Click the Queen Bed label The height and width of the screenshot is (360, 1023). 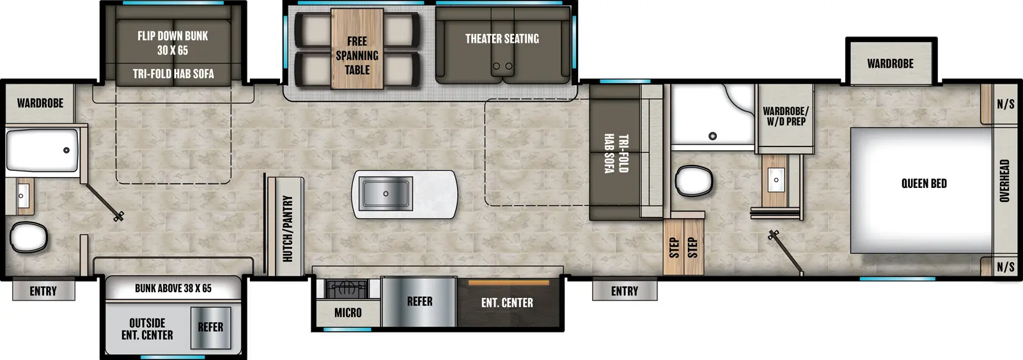(x=924, y=184)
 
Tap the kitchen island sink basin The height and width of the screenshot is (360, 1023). (x=386, y=193)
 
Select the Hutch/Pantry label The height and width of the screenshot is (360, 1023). (x=288, y=228)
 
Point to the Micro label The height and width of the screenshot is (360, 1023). (x=348, y=313)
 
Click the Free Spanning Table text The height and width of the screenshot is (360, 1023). (x=357, y=56)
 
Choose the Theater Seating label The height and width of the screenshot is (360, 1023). (x=502, y=39)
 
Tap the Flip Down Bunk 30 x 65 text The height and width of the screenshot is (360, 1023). (x=173, y=43)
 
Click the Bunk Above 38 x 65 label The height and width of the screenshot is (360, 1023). (x=173, y=288)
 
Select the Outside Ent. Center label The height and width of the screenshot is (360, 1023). (x=147, y=329)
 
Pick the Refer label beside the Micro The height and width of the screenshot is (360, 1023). (x=419, y=302)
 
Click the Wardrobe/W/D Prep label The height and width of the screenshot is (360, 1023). (x=785, y=116)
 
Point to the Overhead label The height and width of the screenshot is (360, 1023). (x=1004, y=181)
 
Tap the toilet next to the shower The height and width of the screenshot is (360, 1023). (x=694, y=181)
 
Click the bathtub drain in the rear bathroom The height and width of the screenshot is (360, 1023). (x=66, y=150)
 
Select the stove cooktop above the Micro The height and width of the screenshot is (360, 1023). (x=347, y=289)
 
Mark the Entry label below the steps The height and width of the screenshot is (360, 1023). (x=624, y=292)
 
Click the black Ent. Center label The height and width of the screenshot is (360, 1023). (x=507, y=303)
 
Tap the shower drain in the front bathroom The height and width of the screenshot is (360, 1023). (x=712, y=136)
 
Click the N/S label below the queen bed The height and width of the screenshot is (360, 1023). (x=1005, y=267)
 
